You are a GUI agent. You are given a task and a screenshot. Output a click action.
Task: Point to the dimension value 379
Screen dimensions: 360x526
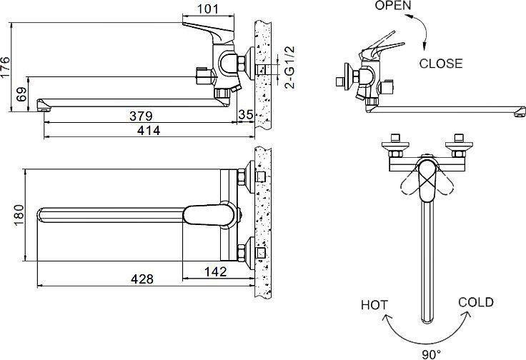tap(143, 116)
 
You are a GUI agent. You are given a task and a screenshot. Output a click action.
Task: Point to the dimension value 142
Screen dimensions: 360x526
tap(214, 271)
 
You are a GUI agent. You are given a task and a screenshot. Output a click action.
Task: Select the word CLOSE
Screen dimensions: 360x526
tap(440, 63)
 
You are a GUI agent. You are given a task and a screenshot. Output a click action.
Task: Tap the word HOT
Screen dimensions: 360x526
tap(374, 305)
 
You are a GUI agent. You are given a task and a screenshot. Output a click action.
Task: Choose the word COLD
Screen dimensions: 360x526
tap(475, 302)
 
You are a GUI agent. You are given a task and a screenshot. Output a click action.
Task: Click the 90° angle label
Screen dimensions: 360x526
tap(426, 353)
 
